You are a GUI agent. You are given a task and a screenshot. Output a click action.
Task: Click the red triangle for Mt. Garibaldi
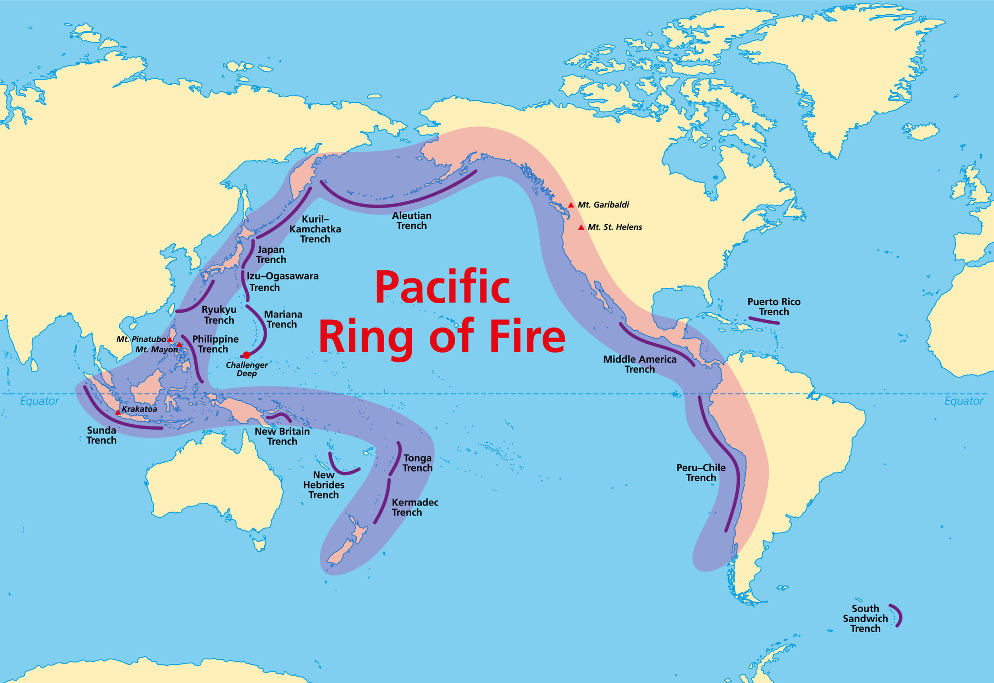click(x=571, y=205)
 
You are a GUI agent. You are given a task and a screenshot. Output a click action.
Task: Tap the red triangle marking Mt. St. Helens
click(x=581, y=228)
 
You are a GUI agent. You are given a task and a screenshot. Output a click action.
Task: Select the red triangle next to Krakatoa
click(x=118, y=412)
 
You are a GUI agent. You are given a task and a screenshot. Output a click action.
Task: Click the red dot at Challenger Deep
click(x=246, y=355)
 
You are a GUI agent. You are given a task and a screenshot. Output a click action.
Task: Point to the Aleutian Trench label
click(x=412, y=221)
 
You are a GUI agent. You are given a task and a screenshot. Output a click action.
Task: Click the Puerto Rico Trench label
click(x=774, y=307)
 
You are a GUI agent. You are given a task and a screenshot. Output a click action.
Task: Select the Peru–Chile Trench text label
click(x=701, y=473)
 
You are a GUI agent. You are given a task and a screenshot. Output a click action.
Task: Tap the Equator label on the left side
click(x=40, y=401)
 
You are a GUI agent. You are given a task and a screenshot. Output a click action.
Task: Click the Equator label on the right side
click(x=964, y=401)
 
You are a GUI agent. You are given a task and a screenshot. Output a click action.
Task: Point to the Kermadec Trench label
click(x=415, y=507)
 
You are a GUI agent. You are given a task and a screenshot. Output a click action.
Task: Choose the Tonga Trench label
click(x=417, y=463)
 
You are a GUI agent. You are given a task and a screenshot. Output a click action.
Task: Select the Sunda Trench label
click(x=101, y=435)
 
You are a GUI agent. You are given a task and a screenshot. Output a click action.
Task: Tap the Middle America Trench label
click(x=639, y=364)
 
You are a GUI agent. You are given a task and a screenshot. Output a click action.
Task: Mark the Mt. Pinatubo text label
click(x=141, y=339)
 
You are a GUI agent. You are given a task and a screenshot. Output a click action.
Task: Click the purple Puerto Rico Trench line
click(x=764, y=320)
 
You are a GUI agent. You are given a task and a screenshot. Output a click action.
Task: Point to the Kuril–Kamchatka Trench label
click(x=315, y=229)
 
